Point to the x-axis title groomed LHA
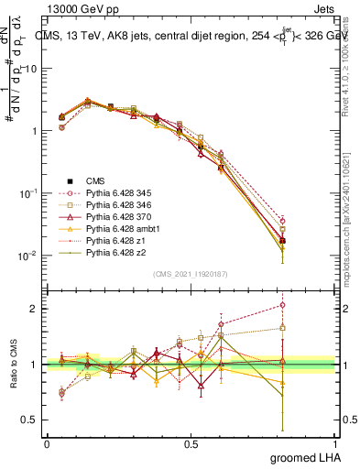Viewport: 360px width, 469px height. tap(307, 455)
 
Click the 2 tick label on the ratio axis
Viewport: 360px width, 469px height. tap(33, 309)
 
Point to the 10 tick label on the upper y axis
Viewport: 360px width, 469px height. tap(30, 69)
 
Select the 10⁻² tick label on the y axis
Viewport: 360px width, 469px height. tap(27, 256)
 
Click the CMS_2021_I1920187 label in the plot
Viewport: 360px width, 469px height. tap(190, 272)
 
